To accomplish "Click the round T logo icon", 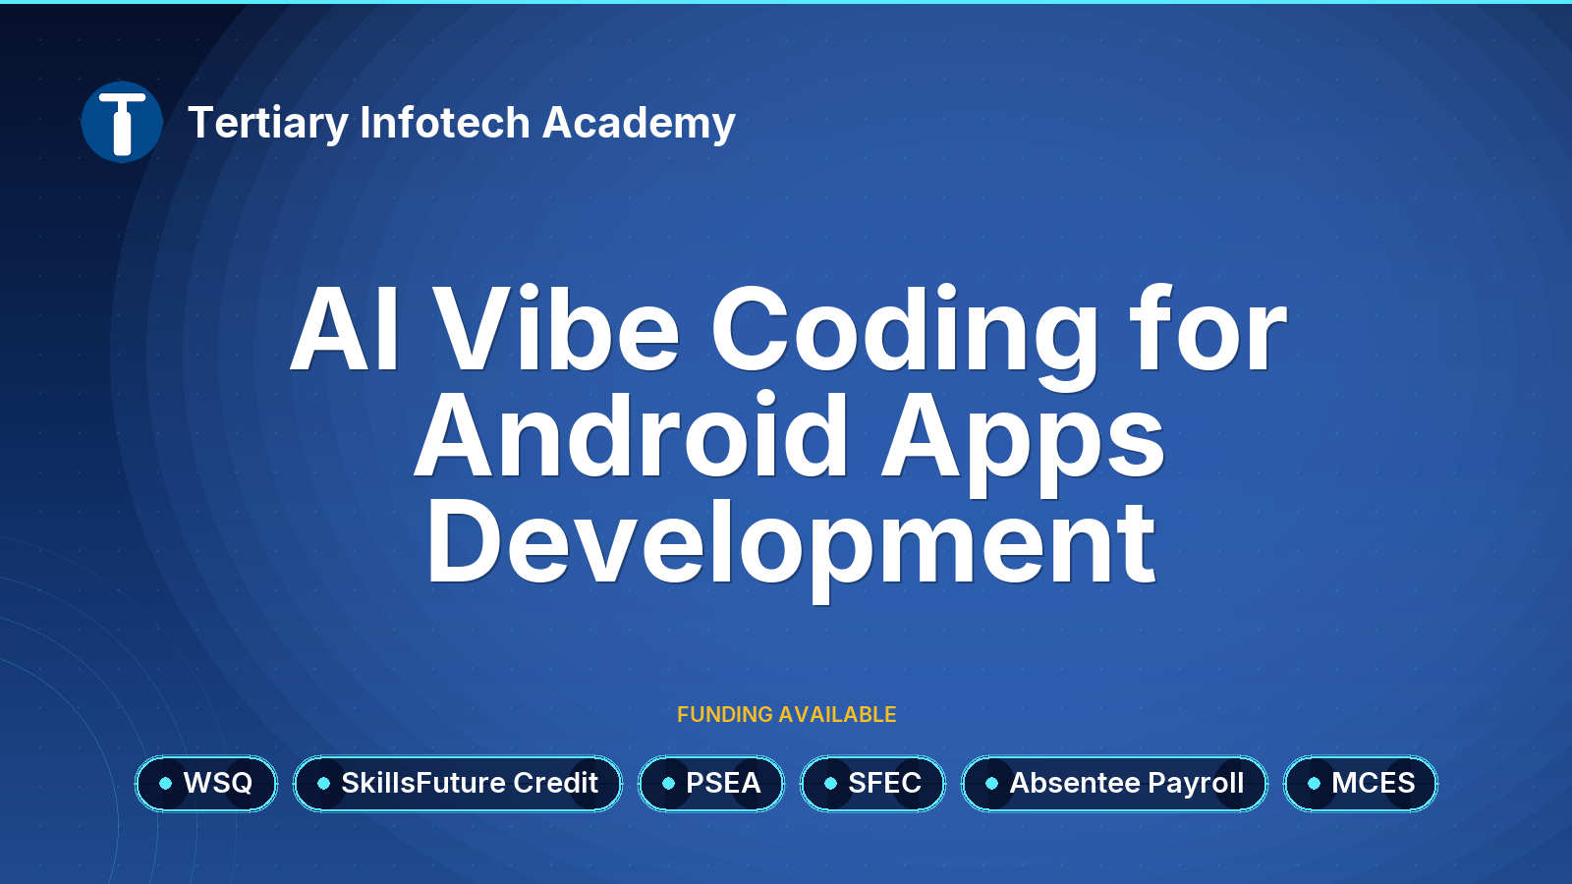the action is click(x=122, y=122).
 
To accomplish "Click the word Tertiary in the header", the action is click(x=268, y=124).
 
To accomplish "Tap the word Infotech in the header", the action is click(x=445, y=122).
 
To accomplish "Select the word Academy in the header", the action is click(x=639, y=124).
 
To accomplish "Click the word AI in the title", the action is click(x=345, y=328).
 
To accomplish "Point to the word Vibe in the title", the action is click(x=555, y=327).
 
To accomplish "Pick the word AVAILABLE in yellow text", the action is click(x=837, y=714).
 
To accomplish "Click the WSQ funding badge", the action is click(x=206, y=784).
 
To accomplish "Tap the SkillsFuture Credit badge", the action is click(x=458, y=784).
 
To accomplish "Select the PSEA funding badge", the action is click(x=711, y=784).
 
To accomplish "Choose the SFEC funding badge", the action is click(x=872, y=784).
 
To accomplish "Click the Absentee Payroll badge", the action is click(x=1114, y=784).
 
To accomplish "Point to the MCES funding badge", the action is click(x=1361, y=784).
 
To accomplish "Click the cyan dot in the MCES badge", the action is click(x=1315, y=784).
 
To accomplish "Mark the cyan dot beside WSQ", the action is click(x=166, y=784).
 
